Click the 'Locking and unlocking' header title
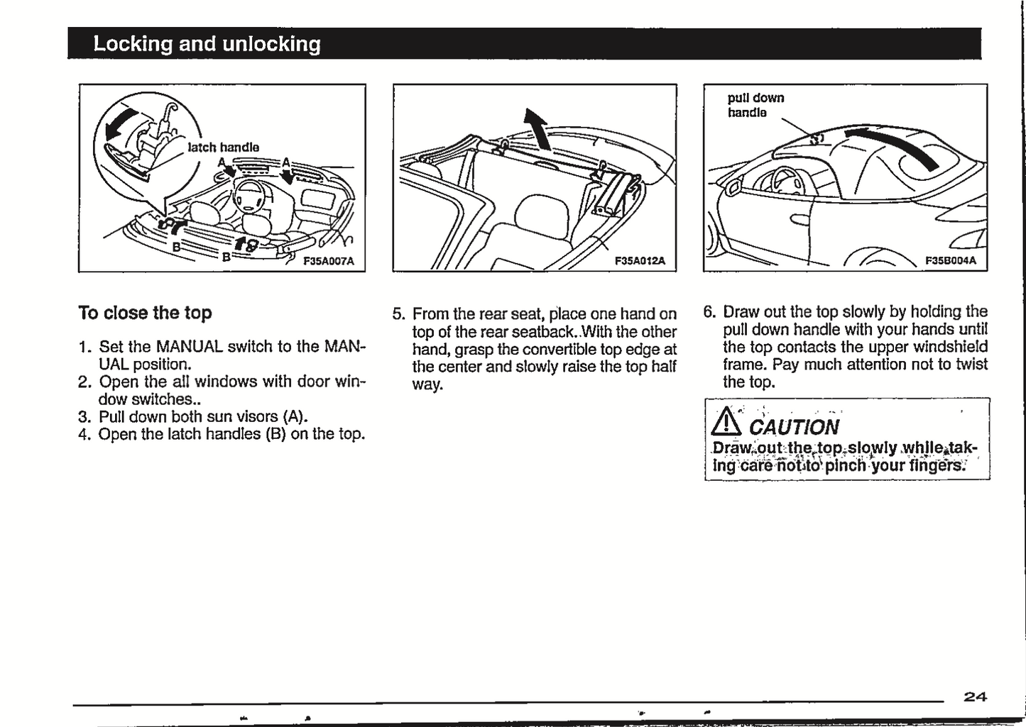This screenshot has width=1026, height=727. (x=207, y=44)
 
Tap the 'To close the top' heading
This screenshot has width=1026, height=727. (x=145, y=313)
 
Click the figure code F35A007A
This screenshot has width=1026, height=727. (x=328, y=260)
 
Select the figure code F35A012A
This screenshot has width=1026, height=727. (x=640, y=260)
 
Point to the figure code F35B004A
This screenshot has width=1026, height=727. (x=950, y=260)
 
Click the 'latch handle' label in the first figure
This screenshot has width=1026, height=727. (x=223, y=147)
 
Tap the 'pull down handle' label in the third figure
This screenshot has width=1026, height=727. (x=755, y=105)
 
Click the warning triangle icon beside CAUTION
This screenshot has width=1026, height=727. (x=726, y=423)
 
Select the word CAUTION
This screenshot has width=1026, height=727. (x=794, y=427)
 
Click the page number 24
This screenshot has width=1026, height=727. (x=975, y=697)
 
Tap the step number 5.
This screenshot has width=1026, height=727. (x=398, y=313)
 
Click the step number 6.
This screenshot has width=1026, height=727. (x=709, y=312)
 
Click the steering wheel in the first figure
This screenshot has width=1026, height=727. (x=249, y=194)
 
